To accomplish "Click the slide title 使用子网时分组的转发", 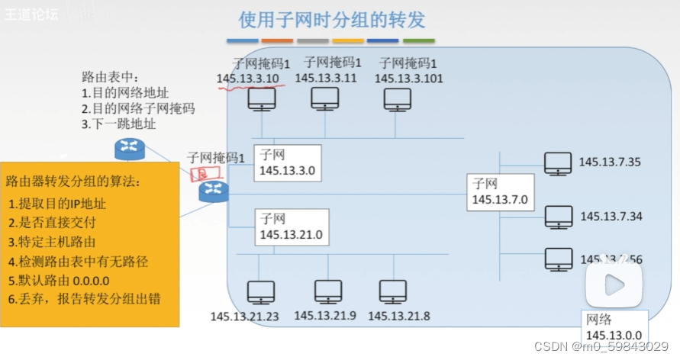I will point(332,19).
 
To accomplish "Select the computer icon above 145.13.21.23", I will point(262,293).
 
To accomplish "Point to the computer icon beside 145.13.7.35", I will point(558,162).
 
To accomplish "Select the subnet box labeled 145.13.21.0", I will point(291,227).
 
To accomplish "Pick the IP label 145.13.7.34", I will point(611,217).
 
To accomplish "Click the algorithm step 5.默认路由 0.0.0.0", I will point(62,279).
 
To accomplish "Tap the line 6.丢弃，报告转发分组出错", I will point(85,298).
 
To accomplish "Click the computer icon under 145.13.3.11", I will point(325,98).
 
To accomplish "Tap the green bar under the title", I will point(418,40).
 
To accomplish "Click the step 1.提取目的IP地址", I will point(57,204).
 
